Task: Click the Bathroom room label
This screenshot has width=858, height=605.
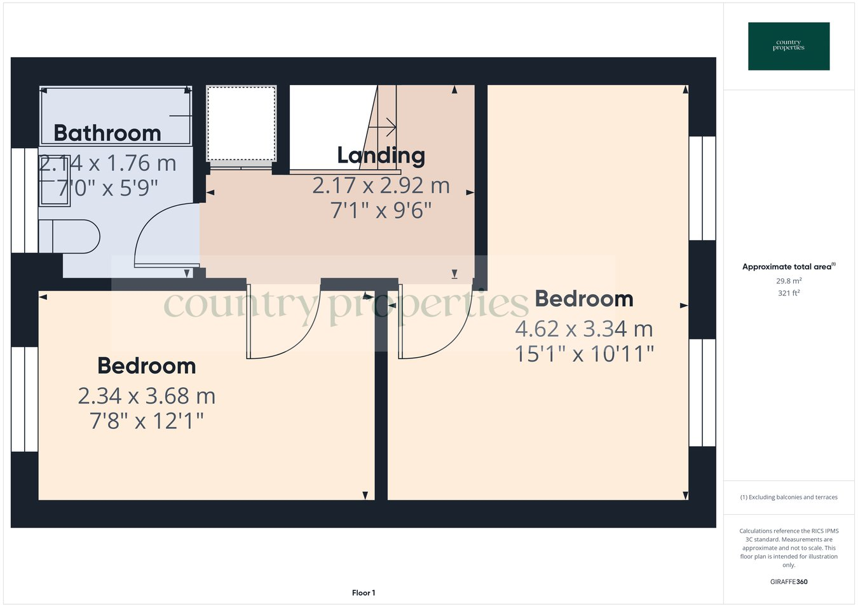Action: pos(107,133)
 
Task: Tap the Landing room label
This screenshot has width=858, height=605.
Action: pos(381,155)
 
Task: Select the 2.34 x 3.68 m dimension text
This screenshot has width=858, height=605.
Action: pos(147,396)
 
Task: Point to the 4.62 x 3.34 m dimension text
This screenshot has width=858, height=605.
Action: pos(584,329)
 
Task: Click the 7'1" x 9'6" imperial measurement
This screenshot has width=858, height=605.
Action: pos(381,210)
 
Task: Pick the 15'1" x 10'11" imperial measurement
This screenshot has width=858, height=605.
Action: pos(584,353)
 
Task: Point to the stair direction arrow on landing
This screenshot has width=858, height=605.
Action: pos(383,127)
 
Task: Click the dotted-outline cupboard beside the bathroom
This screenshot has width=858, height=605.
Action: pos(242,123)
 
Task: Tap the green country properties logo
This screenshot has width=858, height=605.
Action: pos(789,46)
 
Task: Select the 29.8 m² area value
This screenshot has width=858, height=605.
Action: pos(789,281)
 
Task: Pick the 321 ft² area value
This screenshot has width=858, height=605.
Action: pos(789,293)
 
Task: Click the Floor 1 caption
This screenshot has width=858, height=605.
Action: pos(364,593)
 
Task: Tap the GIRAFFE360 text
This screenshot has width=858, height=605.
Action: pos(789,581)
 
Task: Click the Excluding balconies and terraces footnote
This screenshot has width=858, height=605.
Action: pos(789,497)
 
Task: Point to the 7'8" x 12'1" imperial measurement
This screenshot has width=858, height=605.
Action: pos(147,421)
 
